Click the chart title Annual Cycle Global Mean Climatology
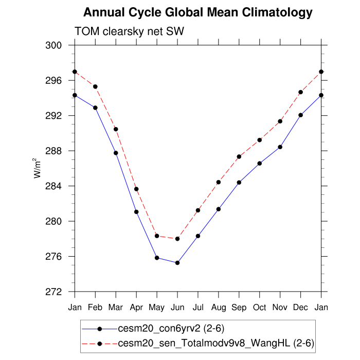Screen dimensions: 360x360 (x=197, y=12)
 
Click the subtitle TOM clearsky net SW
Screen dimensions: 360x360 (x=129, y=32)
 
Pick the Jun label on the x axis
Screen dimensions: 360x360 (x=177, y=308)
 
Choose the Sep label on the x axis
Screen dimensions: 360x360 (x=239, y=308)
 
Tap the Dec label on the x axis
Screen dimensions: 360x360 (x=301, y=308)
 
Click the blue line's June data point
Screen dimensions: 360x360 (x=177, y=263)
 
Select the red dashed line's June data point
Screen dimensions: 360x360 (x=177, y=239)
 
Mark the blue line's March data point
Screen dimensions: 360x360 (x=116, y=153)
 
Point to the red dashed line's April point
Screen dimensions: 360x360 (x=136, y=189)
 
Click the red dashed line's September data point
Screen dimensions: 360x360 (x=239, y=156)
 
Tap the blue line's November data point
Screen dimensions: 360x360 (x=280, y=147)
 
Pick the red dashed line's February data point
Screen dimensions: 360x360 (x=95, y=86)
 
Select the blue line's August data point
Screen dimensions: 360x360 (x=219, y=209)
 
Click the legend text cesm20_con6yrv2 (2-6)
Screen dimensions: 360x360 (x=171, y=328)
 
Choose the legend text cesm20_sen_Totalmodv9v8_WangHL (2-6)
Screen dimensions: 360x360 (x=216, y=343)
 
